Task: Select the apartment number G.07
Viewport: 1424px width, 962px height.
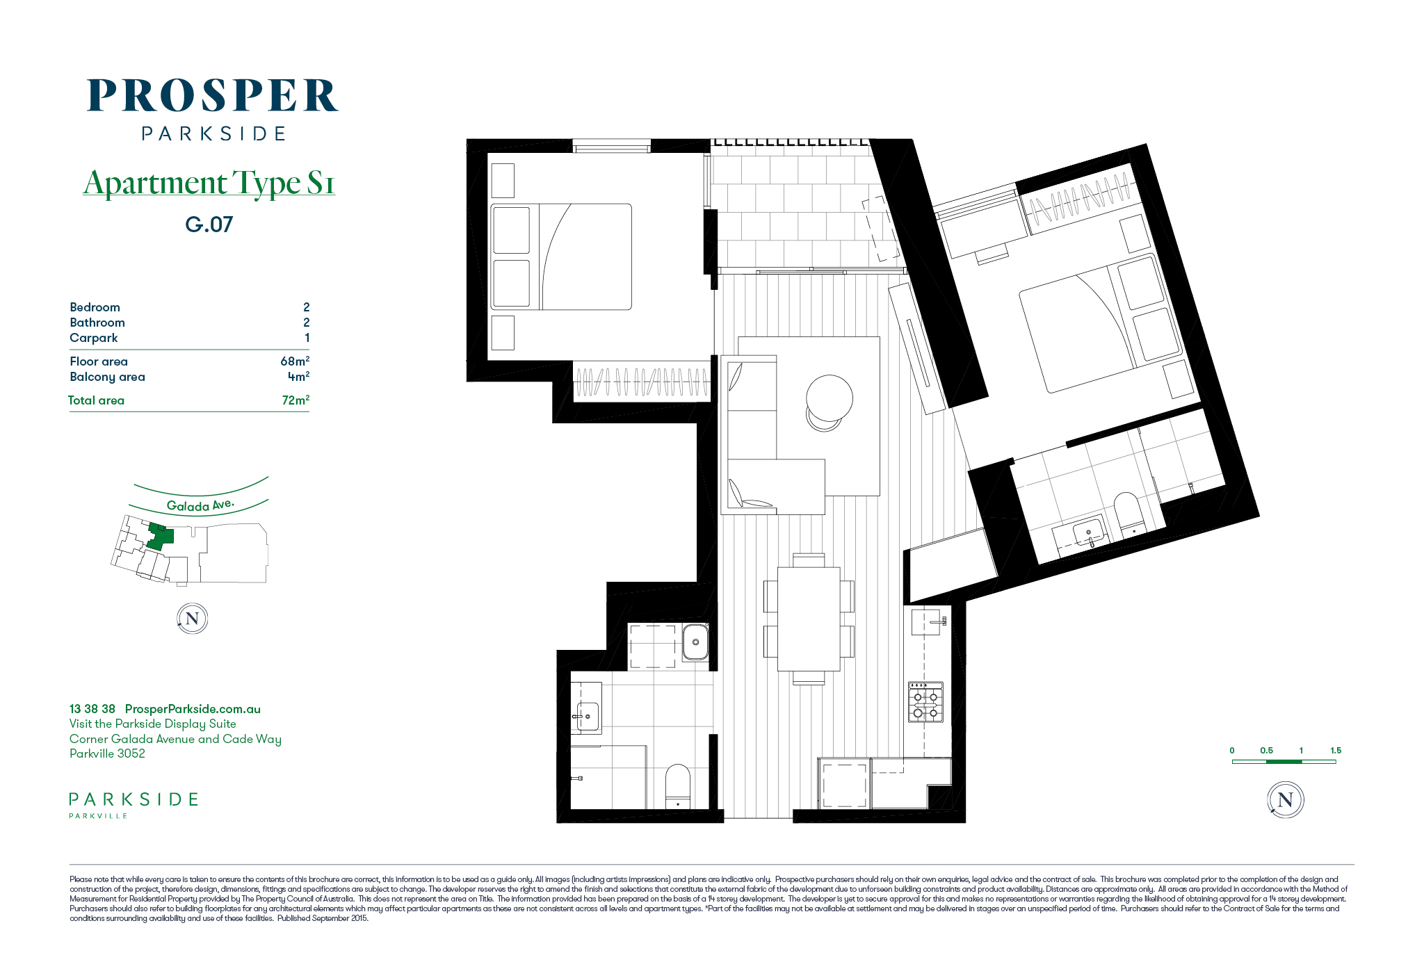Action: pyautogui.click(x=209, y=225)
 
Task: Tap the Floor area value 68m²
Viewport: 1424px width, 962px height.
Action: pyautogui.click(x=295, y=361)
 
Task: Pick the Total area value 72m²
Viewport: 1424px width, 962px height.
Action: pyautogui.click(x=296, y=400)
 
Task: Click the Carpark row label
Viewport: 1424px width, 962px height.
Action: pyautogui.click(x=94, y=338)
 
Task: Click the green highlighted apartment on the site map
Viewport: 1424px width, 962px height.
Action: pyautogui.click(x=160, y=536)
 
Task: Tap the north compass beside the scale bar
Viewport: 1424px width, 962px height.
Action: pyautogui.click(x=1285, y=799)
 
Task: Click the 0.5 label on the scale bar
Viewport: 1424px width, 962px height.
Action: pyautogui.click(x=1266, y=751)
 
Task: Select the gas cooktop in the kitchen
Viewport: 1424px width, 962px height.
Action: pyautogui.click(x=925, y=702)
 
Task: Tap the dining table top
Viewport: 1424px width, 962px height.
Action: pyautogui.click(x=809, y=619)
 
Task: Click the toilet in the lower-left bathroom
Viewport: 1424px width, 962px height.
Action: pyautogui.click(x=678, y=786)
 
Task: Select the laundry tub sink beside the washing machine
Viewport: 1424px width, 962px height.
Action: pyautogui.click(x=695, y=642)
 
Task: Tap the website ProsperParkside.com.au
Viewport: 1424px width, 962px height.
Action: pyautogui.click(x=193, y=709)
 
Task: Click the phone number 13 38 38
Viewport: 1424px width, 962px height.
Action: pyautogui.click(x=92, y=709)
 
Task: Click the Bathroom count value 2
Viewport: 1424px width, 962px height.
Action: pyautogui.click(x=306, y=323)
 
